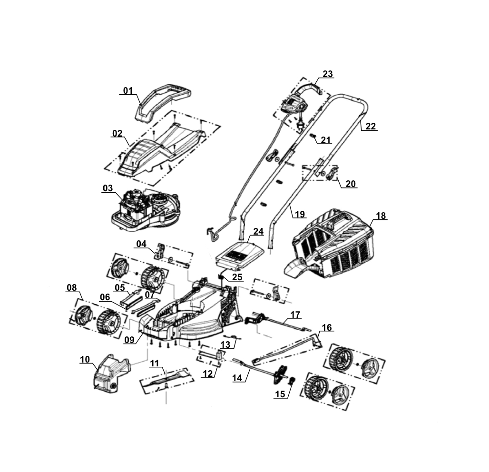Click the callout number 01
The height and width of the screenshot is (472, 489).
[x=128, y=90]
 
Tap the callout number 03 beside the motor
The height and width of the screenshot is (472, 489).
[x=108, y=188]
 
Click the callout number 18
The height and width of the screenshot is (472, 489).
[x=381, y=216]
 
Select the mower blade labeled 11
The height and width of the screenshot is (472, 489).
[x=166, y=380]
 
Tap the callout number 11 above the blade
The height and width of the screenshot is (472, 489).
[x=155, y=364]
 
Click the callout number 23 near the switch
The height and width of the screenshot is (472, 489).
[x=328, y=74]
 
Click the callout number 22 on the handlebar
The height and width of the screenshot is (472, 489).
[x=371, y=127]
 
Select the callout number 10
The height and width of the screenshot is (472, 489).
[x=85, y=359]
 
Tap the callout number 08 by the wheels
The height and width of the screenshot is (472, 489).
[x=71, y=287]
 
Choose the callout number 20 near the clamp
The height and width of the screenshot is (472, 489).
[x=351, y=184]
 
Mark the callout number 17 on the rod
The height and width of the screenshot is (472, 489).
[x=295, y=315]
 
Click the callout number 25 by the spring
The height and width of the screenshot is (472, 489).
[x=237, y=277]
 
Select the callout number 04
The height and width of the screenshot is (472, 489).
[x=141, y=244]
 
